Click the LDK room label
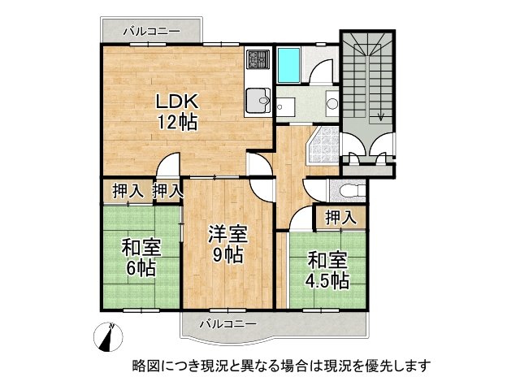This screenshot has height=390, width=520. click(x=177, y=103)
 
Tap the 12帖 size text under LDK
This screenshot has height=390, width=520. click(x=177, y=123)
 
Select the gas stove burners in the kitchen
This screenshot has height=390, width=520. click(x=258, y=60)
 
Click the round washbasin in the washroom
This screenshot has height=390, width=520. click(x=332, y=104)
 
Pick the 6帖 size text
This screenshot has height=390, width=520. click(x=141, y=269)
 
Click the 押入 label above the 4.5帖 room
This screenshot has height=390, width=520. click(x=340, y=217)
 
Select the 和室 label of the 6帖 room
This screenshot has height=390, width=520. click(x=141, y=248)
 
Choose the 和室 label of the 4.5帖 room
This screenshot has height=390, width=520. click(x=327, y=261)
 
